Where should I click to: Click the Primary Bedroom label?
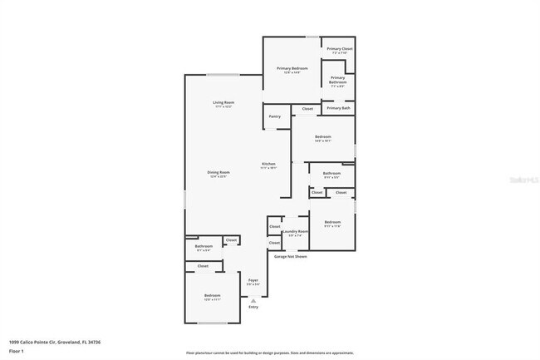[292, 68]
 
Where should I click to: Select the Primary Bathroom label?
[337, 80]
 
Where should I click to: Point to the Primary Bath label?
[338, 108]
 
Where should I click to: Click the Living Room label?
[223, 102]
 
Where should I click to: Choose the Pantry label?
[274, 116]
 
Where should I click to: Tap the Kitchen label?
[268, 164]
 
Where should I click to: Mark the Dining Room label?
[218, 172]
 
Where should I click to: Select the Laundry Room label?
[296, 231]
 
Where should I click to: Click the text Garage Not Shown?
[291, 257]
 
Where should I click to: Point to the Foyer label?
[253, 280]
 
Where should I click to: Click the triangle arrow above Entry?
[253, 299]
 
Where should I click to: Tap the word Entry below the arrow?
[253, 307]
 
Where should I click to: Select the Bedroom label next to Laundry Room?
[332, 222]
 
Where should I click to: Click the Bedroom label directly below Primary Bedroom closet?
[322, 136]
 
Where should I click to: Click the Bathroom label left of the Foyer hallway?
[204, 246]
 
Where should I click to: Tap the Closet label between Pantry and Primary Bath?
[307, 109]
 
